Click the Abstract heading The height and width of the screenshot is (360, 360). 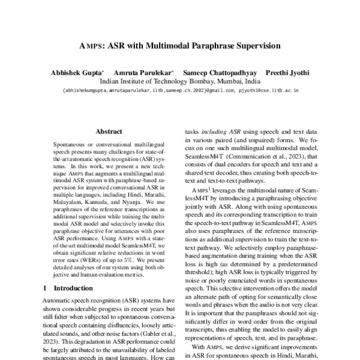pyautogui.click(x=109, y=131)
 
